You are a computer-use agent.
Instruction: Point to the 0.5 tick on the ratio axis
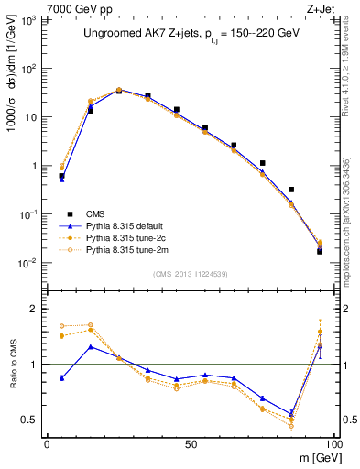point(35,420)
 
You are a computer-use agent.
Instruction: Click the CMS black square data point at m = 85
point(291,190)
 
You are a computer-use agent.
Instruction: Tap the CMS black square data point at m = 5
point(61,176)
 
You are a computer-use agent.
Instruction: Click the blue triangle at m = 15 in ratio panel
point(90,347)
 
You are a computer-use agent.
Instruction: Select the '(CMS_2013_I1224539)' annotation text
point(190,273)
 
